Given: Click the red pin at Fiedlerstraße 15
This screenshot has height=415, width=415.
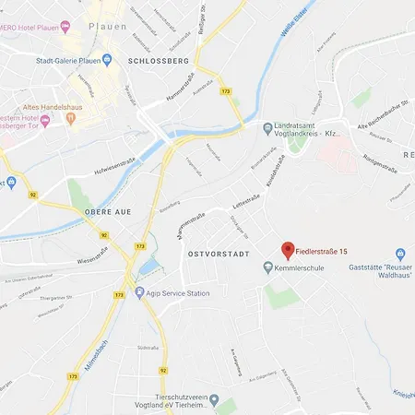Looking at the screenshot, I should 288,249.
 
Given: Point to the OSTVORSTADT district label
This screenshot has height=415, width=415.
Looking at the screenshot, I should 219,253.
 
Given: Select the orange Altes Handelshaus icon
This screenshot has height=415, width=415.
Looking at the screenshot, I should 44,119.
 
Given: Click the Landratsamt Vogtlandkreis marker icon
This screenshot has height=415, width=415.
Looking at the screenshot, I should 267,127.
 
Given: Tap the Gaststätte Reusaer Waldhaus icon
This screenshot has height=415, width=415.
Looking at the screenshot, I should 400,254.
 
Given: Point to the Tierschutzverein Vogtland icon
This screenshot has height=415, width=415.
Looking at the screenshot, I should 214,400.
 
